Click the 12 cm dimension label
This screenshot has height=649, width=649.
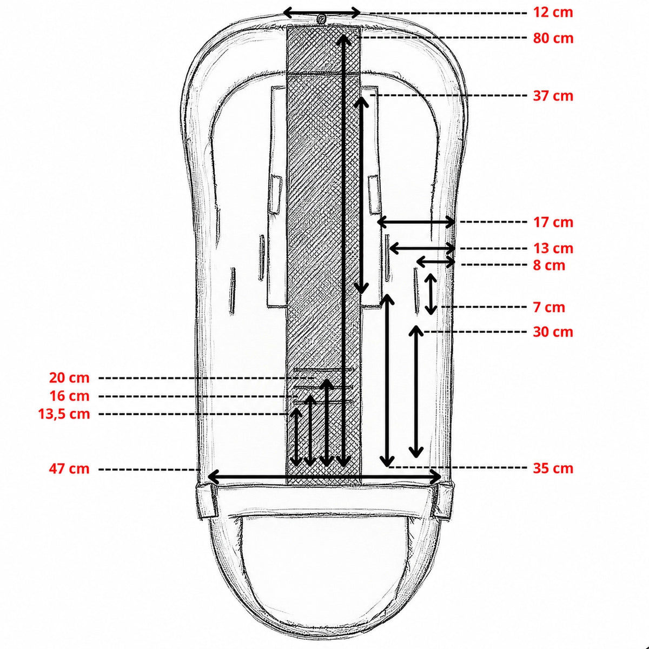coord(553,12)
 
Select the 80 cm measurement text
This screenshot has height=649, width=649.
coord(553,38)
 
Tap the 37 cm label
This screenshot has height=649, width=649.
coord(553,96)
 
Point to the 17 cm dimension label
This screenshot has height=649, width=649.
coord(553,222)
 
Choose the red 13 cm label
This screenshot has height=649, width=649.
coord(553,249)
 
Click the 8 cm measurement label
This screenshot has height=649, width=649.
coord(549,266)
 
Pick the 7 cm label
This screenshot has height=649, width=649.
coord(549,308)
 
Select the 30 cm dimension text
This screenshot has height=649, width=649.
coord(553,332)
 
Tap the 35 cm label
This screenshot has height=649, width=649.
coord(553,468)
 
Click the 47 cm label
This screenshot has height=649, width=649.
coord(69,468)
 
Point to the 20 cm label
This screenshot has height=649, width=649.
coord(69,378)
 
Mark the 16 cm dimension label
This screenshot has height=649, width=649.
coord(69,396)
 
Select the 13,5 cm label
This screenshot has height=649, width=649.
coord(64,414)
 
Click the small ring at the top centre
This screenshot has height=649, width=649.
coord(322,19)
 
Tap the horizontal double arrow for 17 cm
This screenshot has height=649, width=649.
coord(416,222)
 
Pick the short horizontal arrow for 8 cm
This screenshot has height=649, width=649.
coord(436,261)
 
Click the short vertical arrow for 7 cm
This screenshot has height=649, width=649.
coord(431,294)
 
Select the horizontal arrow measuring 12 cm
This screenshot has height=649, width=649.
coord(322,13)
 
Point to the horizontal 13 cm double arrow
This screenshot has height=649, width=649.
coord(422,248)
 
